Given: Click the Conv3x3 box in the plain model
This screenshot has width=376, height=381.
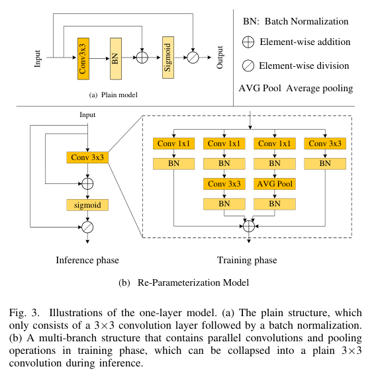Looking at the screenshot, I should [x=83, y=58].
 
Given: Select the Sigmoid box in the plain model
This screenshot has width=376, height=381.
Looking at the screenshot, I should [x=168, y=58].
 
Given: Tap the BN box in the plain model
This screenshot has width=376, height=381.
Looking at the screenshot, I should [x=115, y=58].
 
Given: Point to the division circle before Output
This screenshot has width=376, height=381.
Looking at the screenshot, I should [x=193, y=58].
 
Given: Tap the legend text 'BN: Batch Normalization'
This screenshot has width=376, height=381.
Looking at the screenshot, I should [x=296, y=21].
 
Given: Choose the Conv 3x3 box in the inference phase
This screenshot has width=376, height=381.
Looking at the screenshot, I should [x=87, y=157].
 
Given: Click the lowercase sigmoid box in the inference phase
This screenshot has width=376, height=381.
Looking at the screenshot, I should [x=87, y=205].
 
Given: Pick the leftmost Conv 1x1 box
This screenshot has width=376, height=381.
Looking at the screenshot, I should [x=173, y=144].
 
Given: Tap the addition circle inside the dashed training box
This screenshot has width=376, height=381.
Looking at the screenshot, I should [x=250, y=226].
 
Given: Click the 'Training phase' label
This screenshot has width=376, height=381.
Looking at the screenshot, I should [x=248, y=260].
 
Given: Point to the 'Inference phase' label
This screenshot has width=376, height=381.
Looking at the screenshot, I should [x=87, y=260].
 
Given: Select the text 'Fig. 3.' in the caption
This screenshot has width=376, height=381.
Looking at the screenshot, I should [x=26, y=313].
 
